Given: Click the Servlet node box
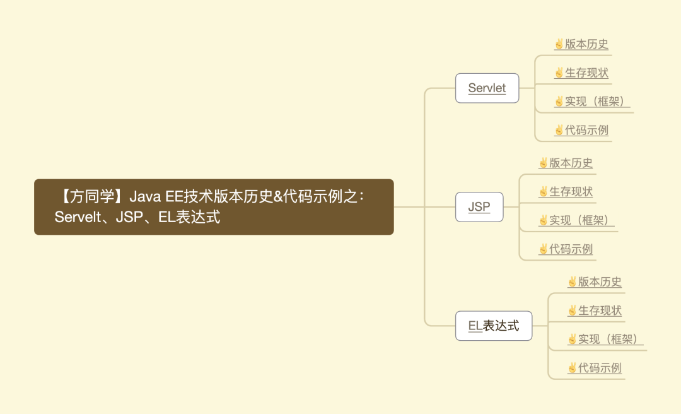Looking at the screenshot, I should (487, 88).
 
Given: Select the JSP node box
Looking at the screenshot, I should (479, 207).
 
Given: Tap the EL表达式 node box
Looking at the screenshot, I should (494, 326).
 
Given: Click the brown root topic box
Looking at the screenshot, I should (214, 207).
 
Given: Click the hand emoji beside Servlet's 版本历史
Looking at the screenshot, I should (559, 44).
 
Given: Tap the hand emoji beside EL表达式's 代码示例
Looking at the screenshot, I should (573, 368).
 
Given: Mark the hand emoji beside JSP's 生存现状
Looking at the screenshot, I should (544, 191).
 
